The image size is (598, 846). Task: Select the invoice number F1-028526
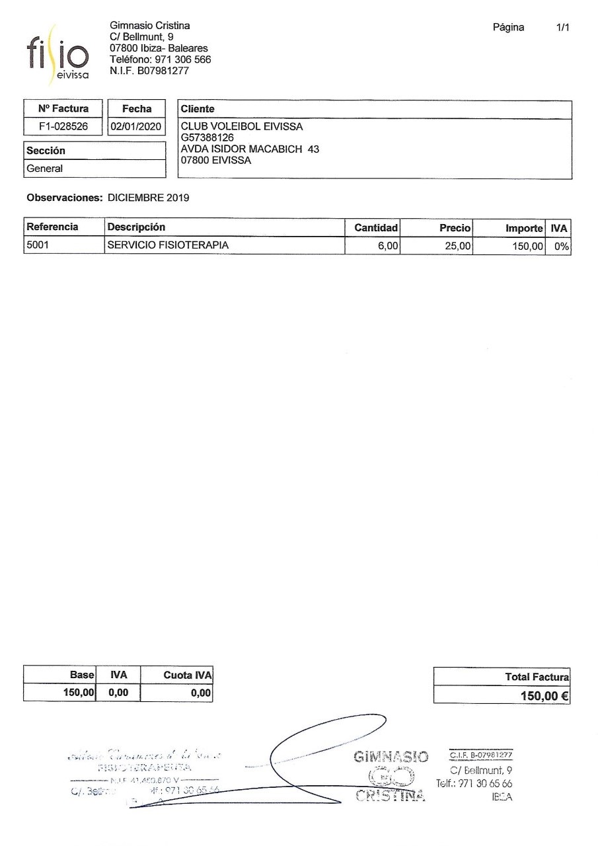click(x=64, y=127)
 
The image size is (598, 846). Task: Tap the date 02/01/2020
click(x=137, y=127)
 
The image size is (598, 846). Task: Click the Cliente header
click(x=198, y=109)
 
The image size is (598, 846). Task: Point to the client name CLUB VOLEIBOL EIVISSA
click(x=242, y=127)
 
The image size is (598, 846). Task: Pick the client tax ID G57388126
click(x=207, y=137)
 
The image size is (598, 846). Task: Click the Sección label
click(x=46, y=151)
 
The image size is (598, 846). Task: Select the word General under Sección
click(x=45, y=169)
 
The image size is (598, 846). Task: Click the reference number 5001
click(x=38, y=246)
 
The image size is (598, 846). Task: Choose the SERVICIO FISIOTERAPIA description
click(x=168, y=246)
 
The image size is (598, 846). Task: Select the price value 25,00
click(x=457, y=247)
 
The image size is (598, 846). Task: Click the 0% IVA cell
click(x=562, y=247)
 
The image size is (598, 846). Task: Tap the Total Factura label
click(x=536, y=677)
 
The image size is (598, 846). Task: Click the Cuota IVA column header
click(x=187, y=675)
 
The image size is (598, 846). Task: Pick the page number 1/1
click(x=563, y=27)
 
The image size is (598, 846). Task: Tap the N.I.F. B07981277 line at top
click(x=149, y=71)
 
